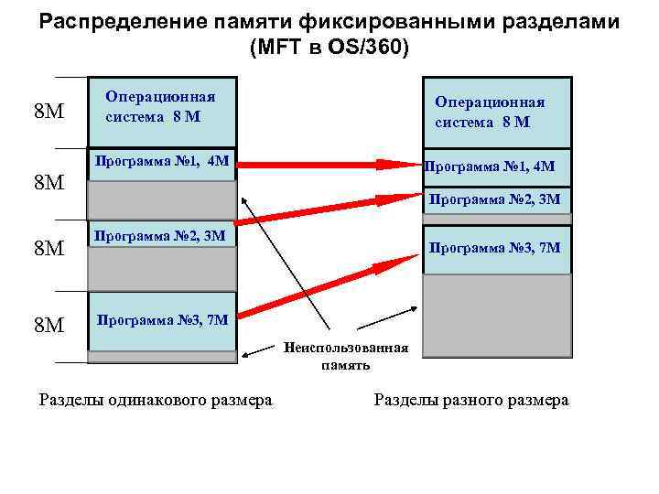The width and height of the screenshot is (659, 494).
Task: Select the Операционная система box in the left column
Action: (161, 112)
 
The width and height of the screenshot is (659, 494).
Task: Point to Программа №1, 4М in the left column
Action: (161, 163)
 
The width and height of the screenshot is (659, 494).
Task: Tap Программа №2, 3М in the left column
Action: (161, 236)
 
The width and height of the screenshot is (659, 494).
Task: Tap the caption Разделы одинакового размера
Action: (156, 401)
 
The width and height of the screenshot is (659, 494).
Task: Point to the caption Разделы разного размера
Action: (470, 401)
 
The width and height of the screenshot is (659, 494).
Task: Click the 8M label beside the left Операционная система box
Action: (49, 113)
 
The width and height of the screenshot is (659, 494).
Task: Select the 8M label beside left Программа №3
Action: (49, 324)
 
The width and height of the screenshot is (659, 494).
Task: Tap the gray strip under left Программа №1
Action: (161, 199)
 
